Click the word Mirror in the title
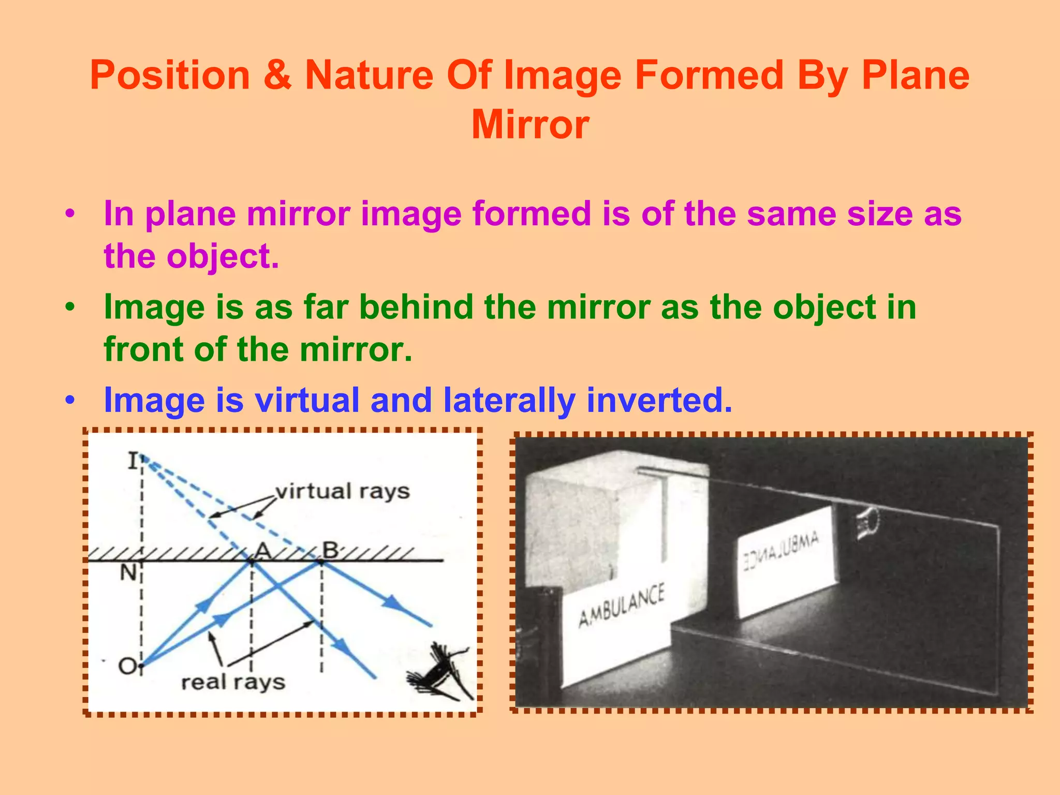click(x=530, y=125)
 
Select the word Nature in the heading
click(x=369, y=76)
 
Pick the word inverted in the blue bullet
click(x=659, y=400)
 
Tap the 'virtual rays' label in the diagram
click(x=342, y=491)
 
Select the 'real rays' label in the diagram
click(x=233, y=682)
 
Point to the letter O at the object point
click(x=127, y=666)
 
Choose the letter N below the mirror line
click(x=128, y=573)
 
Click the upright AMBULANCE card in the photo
click(x=621, y=606)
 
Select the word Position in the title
click(x=170, y=76)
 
